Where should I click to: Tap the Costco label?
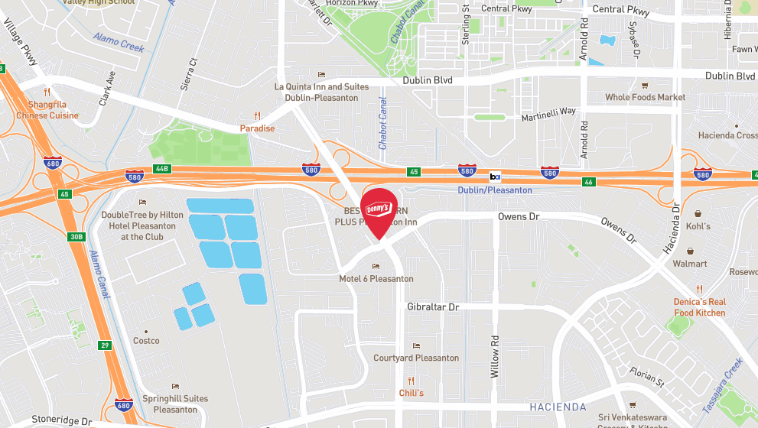pos(146,341)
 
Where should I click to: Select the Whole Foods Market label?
pos(645,97)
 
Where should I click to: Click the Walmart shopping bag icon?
pos(691,251)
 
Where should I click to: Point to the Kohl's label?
pos(698,226)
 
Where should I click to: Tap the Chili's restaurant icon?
pos(411,381)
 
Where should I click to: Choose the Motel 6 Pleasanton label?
pos(376,279)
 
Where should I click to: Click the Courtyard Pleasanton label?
pos(416,358)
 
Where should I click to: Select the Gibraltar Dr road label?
pos(433,306)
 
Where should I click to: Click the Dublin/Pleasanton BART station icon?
pos(495,177)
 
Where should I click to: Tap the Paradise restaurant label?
pos(257,128)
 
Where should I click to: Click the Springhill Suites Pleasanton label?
pos(175,404)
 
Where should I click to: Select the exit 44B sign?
pos(160,168)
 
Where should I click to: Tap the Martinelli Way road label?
pos(548,112)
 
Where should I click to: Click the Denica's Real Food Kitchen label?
pos(699,307)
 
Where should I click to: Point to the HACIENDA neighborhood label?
pos(556,407)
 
